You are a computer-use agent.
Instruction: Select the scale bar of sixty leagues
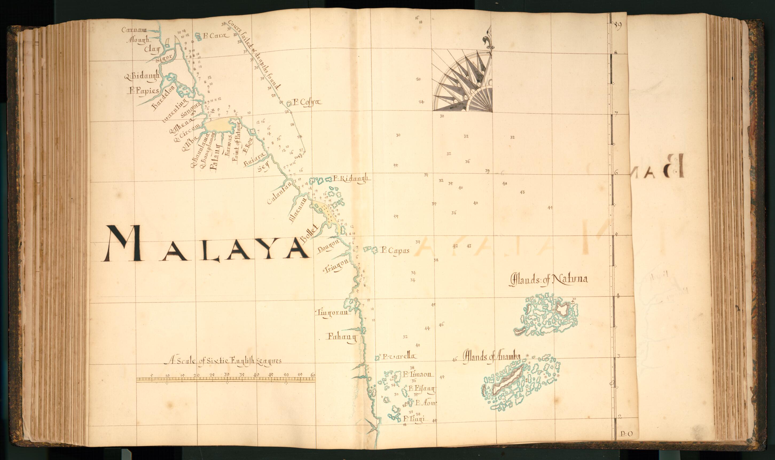(x=226, y=379)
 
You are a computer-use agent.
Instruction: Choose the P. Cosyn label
(x=307, y=102)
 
